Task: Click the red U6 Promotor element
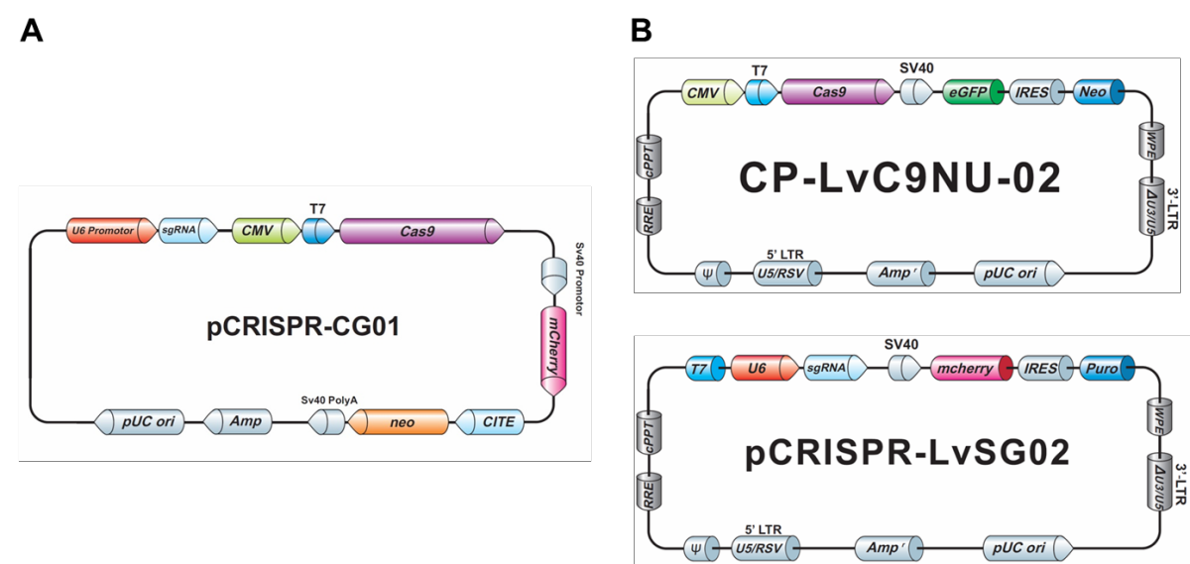[x=111, y=231]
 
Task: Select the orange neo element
[x=398, y=422]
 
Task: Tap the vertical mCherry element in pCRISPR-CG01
[x=553, y=351]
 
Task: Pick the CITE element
[x=490, y=422]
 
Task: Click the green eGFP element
[x=973, y=92]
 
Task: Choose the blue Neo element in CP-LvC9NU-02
[x=1099, y=92]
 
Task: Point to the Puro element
[x=1107, y=368]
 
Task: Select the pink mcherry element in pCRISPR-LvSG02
[x=972, y=368]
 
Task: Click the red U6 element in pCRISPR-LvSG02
[x=765, y=368]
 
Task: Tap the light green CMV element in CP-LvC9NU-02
[x=712, y=92]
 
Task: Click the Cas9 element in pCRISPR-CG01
[x=421, y=231]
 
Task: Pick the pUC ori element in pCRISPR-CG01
[x=139, y=422]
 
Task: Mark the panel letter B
[x=642, y=31]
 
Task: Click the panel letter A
[x=32, y=31]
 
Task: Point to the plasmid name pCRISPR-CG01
[x=302, y=326]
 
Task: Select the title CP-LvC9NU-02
[x=900, y=178]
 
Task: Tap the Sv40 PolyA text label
[x=329, y=399]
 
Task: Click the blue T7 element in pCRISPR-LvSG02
[x=705, y=368]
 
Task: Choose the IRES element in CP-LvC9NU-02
[x=1037, y=92]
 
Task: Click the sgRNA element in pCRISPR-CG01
[x=188, y=231]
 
